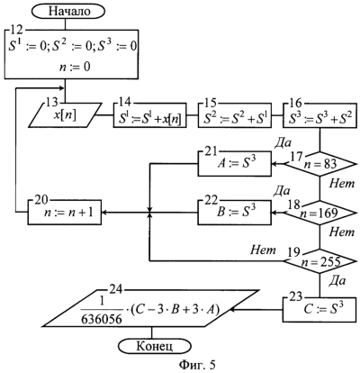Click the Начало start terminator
(x=70, y=12)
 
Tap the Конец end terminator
(x=155, y=347)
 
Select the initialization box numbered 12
(x=72, y=54)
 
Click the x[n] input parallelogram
(x=66, y=115)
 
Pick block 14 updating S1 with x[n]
(x=150, y=115)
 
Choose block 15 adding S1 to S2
(x=235, y=115)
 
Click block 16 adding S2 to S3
(x=320, y=115)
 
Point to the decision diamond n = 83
(x=319, y=165)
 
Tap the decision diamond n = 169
(x=319, y=213)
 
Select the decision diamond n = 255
(x=319, y=261)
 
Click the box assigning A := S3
(x=235, y=164)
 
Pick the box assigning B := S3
(x=235, y=213)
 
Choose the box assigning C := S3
(x=320, y=310)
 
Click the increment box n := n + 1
(x=65, y=213)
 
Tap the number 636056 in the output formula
(x=102, y=319)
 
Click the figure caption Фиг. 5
(x=197, y=365)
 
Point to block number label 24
(x=115, y=289)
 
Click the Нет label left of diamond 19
(x=263, y=250)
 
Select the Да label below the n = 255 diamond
(x=337, y=281)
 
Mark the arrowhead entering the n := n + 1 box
(x=104, y=213)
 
